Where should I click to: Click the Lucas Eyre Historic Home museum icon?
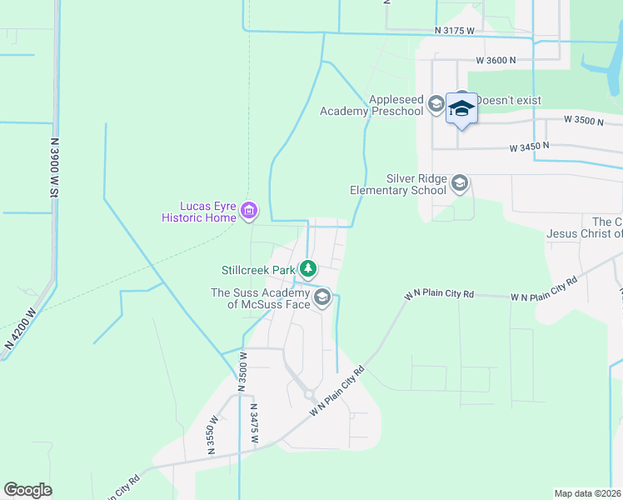click(248, 212)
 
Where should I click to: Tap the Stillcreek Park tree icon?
click(308, 268)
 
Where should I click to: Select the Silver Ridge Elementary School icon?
click(460, 183)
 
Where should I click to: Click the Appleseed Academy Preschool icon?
click(436, 103)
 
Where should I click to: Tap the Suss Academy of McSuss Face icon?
click(322, 297)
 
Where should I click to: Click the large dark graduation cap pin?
click(461, 109)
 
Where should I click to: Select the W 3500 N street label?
click(583, 120)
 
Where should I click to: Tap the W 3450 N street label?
click(531, 147)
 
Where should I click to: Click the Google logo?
click(27, 490)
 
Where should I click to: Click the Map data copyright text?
click(588, 493)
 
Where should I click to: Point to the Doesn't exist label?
click(507, 100)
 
